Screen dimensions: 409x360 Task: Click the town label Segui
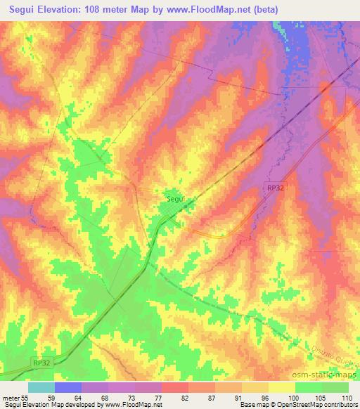click(176, 199)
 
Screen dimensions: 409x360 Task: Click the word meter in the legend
click(11, 397)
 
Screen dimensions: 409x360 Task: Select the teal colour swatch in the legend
click(41, 387)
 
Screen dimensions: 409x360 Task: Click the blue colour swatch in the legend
click(68, 387)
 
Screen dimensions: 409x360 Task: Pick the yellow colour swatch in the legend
click(282, 387)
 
